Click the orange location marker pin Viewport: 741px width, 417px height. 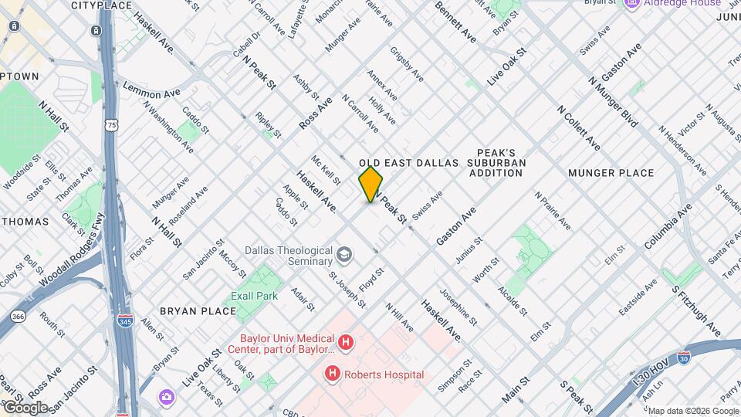tap(371, 185)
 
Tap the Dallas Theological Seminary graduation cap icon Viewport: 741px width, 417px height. tap(343, 254)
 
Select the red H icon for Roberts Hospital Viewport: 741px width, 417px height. tap(333, 375)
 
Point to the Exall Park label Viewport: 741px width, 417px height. tap(254, 296)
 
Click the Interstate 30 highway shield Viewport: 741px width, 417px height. tap(683, 358)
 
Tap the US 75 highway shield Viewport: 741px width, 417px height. tap(113, 124)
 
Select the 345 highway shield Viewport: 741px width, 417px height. tap(123, 317)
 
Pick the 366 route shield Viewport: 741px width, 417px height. tap(19, 317)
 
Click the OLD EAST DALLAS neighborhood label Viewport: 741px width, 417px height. tap(409, 163)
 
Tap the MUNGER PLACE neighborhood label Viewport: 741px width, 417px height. tap(611, 173)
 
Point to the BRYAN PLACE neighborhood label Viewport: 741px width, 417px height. tap(198, 311)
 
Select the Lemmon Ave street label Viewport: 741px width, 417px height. tap(152, 90)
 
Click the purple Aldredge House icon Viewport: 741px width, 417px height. tap(631, 4)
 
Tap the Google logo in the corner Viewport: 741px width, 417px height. tap(25, 407)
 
